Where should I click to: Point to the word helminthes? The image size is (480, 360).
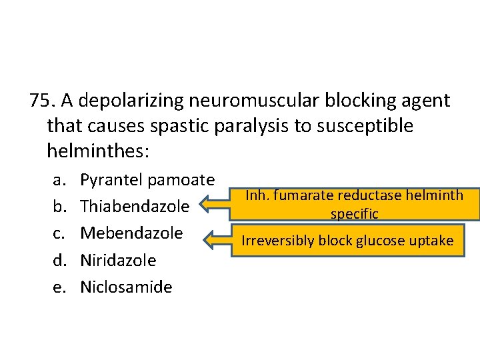tap(97, 151)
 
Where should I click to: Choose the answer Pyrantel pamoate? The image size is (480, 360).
tap(147, 179)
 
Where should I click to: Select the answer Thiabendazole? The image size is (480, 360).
tap(135, 207)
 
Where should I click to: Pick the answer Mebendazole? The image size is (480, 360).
tap(131, 233)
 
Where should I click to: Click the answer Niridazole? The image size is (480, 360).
tap(118, 260)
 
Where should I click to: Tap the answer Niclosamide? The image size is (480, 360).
tap(126, 287)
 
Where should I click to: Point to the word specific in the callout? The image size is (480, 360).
tap(353, 214)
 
